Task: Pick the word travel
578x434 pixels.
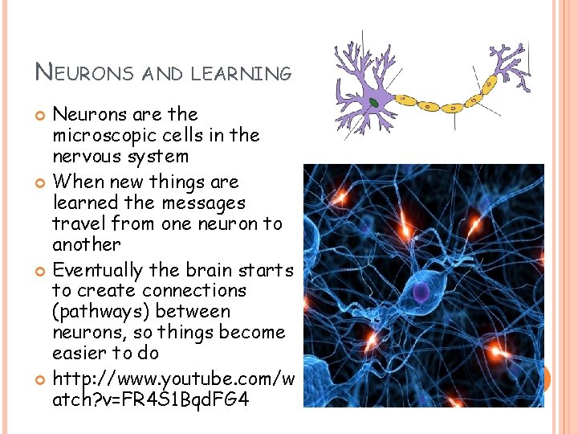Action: tap(79, 223)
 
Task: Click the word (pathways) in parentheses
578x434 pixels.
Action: tap(101, 312)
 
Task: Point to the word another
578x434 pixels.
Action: tap(87, 244)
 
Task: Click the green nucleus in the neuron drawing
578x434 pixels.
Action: tap(374, 103)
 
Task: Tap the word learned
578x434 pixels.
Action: tap(86, 203)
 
